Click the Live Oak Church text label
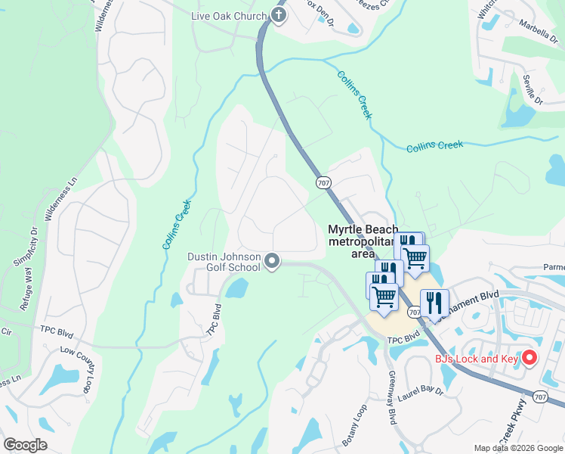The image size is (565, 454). pos(230,17)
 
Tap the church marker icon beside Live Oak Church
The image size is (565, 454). pos(279,16)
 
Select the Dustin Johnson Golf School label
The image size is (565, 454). pos(224,262)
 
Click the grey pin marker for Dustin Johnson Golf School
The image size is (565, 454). pos(272,262)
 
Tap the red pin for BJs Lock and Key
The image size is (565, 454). pos(529,357)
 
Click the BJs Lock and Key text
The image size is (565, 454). pos(477,359)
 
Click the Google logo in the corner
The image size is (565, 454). pos(25,445)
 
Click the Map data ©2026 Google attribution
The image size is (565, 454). pos(517,448)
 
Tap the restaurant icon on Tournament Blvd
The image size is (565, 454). pos(434,303)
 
